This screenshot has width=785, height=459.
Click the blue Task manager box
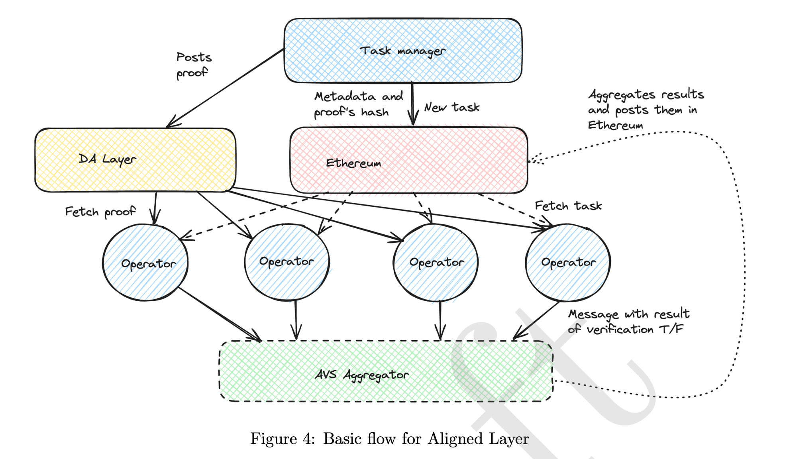coord(402,51)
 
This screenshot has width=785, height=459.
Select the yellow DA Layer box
coord(135,160)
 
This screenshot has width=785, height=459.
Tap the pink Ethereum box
coord(408,160)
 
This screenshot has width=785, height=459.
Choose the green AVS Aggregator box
coord(386,371)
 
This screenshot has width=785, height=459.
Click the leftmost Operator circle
coord(145,263)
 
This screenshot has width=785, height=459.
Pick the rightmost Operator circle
coord(568,262)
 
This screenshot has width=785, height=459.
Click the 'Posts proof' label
coord(194,65)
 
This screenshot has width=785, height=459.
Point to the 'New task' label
coord(451,108)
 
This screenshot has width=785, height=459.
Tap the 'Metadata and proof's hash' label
coord(358,104)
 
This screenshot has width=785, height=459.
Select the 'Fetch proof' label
coord(100,212)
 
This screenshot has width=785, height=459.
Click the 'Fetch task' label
coord(568,206)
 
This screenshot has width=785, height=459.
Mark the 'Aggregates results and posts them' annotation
coord(646,110)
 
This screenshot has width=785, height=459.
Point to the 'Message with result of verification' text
coord(628,322)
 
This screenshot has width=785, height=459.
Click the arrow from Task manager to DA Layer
coord(225,88)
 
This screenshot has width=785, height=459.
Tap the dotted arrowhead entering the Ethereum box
coord(536,159)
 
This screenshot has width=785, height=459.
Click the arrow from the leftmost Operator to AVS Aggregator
coord(219,314)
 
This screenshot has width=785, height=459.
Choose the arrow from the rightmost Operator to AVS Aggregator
coord(536,321)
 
